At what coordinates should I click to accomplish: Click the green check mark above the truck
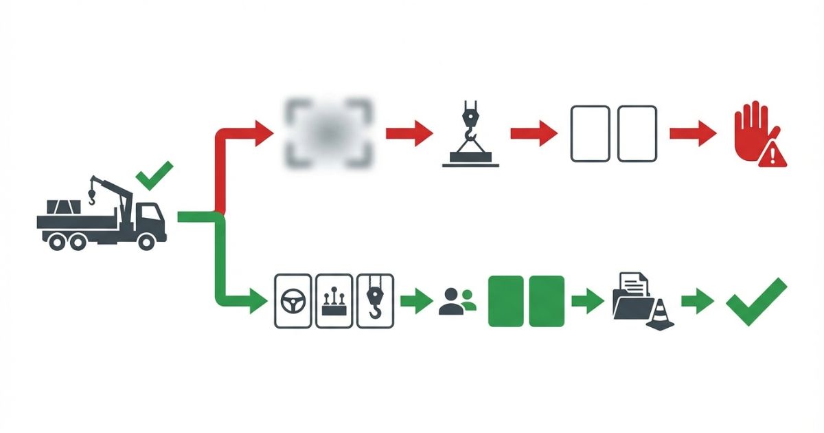pos(154,175)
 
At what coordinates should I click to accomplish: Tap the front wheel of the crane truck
pos(146,241)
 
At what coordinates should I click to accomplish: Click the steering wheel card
pos(293,301)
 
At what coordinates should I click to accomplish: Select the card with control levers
pos(334,301)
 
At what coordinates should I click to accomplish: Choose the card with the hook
pos(376,301)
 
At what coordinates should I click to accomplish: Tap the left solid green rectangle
pos(506,301)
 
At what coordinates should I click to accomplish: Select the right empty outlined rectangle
pos(637,133)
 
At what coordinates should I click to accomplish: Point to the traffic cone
pos(660,315)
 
